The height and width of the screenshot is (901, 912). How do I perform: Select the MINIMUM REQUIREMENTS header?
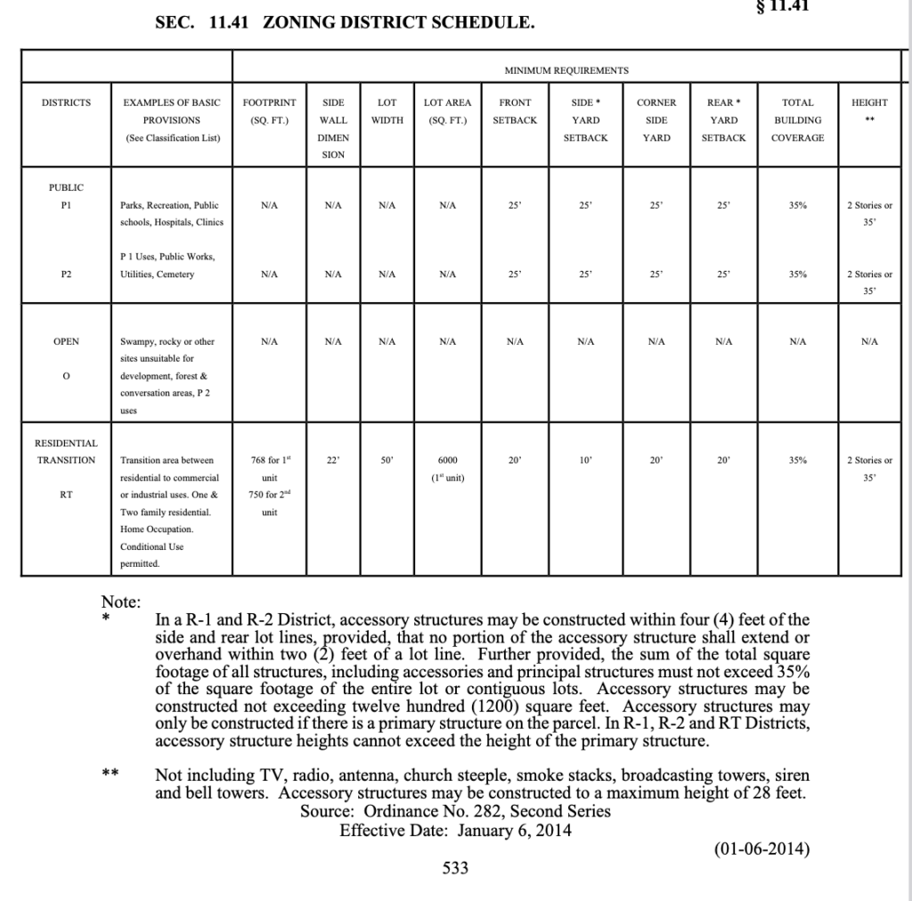point(566,70)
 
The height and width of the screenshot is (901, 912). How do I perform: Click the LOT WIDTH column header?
point(387,111)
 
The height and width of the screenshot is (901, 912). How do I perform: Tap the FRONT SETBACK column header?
point(515,111)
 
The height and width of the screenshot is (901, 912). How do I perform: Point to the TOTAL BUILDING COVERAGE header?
point(797,120)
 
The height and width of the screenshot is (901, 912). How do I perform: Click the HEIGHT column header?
point(869,102)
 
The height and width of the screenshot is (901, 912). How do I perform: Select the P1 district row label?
point(66,205)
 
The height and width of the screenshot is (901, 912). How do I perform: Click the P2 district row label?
point(66,274)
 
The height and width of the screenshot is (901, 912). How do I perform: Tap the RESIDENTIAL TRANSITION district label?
point(66,452)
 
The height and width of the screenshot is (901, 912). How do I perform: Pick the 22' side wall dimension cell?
point(333,461)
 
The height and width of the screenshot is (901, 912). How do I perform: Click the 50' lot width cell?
point(387,461)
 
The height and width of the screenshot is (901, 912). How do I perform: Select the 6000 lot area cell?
point(448,461)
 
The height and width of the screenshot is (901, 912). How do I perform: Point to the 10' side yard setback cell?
point(585,461)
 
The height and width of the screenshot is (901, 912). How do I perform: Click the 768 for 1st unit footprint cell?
point(270,461)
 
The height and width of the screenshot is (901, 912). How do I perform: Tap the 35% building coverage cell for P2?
point(797,274)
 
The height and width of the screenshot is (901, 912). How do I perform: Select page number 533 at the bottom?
point(455,868)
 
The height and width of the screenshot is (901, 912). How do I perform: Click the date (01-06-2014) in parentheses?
point(761,849)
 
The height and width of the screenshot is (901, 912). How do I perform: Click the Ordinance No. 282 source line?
point(456,812)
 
